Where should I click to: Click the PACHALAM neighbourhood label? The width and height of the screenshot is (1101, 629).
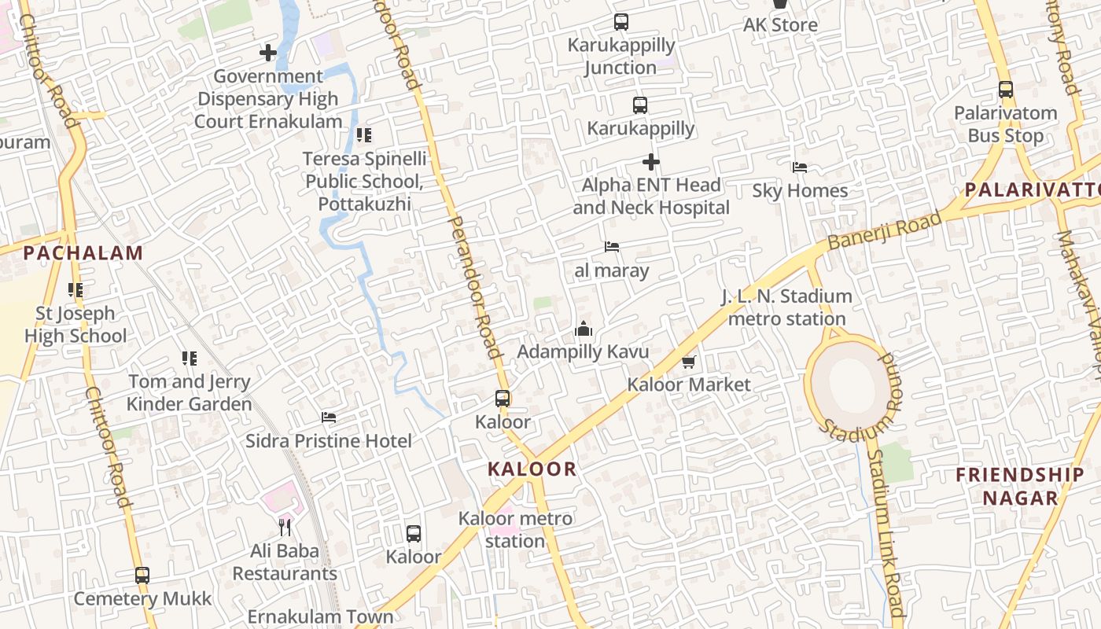pos(83,253)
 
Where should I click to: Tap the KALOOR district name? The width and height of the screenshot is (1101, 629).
pos(532,469)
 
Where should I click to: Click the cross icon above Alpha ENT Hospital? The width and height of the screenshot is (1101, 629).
pos(651,162)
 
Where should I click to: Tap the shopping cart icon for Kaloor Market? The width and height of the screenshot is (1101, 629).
pos(689,362)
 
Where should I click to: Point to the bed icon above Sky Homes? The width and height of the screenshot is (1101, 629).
pos(800,167)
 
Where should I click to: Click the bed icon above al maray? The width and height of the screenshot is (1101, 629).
pos(612,247)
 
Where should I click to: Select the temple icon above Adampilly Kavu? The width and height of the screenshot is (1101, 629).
pos(583,329)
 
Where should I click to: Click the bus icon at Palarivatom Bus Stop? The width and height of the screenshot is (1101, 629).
pos(1006,90)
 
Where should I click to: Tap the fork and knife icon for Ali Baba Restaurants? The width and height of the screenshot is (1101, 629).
pos(285,527)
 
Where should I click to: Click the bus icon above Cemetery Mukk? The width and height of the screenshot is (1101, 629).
pos(142,575)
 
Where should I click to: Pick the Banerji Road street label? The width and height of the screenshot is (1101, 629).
pos(884,231)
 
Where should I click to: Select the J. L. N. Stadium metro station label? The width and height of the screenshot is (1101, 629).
pos(786,307)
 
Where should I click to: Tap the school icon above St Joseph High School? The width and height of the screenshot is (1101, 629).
pos(75,290)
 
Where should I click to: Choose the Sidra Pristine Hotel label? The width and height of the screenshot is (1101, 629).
pos(329,441)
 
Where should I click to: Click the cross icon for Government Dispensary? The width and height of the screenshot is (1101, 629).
pos(268,53)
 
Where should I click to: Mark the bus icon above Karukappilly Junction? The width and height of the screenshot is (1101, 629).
pos(621,22)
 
